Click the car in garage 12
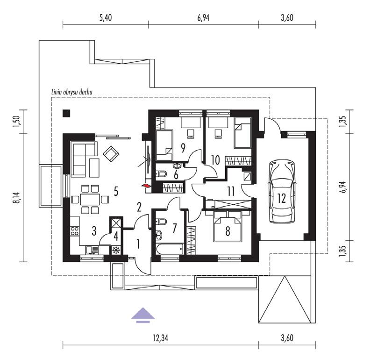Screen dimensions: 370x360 point(282,191)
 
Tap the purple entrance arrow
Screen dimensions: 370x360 point(143,315)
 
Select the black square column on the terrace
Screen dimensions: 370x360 point(66,114)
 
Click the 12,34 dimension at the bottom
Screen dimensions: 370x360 point(160,338)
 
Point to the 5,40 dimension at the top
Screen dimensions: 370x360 point(106,18)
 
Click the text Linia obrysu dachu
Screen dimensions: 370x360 point(72,92)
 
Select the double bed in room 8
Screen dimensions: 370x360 point(228,226)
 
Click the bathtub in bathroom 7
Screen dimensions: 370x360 point(170,249)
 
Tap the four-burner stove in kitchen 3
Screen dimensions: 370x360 point(75,231)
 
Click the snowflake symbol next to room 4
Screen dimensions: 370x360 point(116,251)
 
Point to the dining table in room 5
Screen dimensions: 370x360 point(90,200)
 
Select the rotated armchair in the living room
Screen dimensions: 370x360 point(111,154)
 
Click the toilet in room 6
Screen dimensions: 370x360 point(161,174)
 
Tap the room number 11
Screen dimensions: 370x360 point(231,191)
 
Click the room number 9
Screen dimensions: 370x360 point(183,148)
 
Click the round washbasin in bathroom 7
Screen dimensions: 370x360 point(159,235)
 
